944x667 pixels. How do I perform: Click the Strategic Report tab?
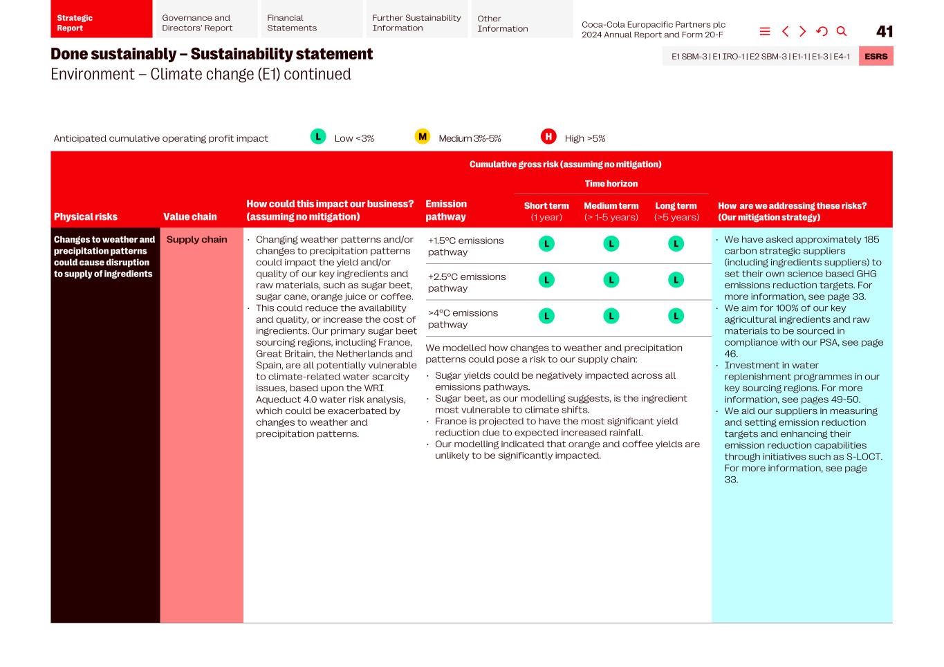click(101, 23)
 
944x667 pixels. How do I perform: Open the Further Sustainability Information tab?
click(416, 23)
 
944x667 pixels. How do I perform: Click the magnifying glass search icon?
click(842, 31)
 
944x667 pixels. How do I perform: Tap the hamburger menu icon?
click(765, 31)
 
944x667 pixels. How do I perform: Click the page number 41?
click(884, 31)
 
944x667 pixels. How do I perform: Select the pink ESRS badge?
click(876, 56)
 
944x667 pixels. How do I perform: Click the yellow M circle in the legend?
click(422, 137)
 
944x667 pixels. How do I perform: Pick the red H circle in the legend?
click(548, 137)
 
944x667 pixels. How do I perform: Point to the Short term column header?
click(546, 211)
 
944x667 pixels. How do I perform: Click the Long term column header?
click(676, 211)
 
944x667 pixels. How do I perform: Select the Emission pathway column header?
click(446, 210)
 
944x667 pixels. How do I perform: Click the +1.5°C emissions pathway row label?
click(465, 246)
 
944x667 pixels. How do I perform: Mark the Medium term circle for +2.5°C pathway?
click(611, 280)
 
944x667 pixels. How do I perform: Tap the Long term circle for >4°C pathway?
click(676, 316)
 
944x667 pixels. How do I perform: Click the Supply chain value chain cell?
click(197, 239)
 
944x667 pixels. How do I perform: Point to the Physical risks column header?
click(86, 216)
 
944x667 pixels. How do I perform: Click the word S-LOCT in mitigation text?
click(864, 456)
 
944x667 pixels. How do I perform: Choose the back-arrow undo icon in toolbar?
click(822, 31)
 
